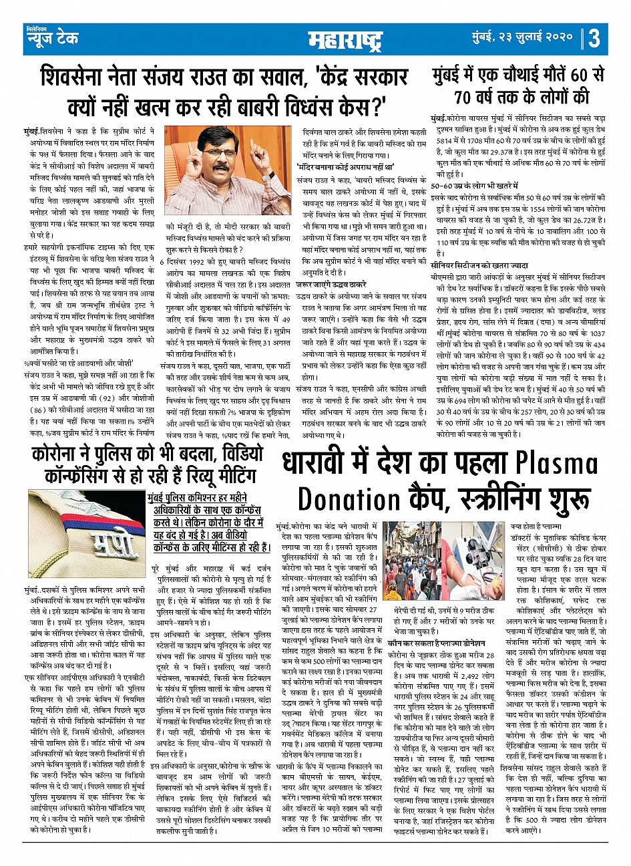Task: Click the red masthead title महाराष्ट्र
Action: coord(345,41)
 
